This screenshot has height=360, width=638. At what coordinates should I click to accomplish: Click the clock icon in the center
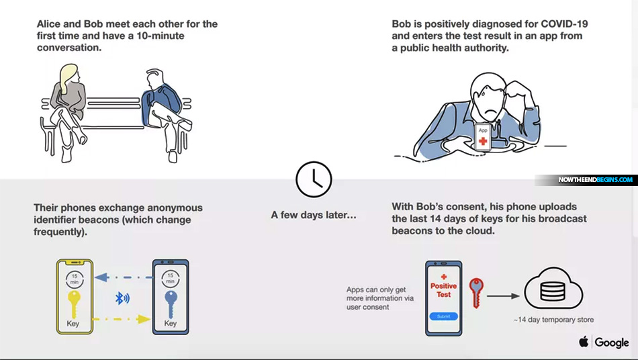[x=314, y=179]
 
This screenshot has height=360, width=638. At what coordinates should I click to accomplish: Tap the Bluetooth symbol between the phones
[x=122, y=298]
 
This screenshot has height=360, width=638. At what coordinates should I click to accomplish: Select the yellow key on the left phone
[x=74, y=304]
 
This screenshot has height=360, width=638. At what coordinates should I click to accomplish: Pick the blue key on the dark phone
[x=171, y=304]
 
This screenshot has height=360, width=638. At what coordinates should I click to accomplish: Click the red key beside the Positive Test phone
[x=476, y=292]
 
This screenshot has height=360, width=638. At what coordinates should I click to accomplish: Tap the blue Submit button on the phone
[x=443, y=316]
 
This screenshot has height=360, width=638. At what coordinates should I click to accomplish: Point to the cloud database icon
[x=553, y=289]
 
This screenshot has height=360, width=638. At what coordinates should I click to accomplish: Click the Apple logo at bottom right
[x=584, y=341]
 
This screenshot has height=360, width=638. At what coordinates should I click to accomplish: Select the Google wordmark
[x=612, y=343]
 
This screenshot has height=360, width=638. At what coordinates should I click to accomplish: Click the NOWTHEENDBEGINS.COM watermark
[x=595, y=180]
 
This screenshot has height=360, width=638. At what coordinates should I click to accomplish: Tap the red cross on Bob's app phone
[x=483, y=141]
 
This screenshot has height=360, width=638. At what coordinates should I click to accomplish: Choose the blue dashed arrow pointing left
[x=124, y=277]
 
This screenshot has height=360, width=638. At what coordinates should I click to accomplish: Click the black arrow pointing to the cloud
[x=503, y=296]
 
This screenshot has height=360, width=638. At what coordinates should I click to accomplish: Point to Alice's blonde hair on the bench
[x=69, y=77]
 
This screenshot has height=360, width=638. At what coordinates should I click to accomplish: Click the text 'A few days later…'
[x=314, y=215]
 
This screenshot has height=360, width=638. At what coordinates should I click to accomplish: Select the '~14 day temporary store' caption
[x=553, y=320]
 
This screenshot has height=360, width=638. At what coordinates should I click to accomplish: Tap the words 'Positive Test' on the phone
[x=443, y=290]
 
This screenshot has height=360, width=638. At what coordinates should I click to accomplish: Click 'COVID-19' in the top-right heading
[x=564, y=24]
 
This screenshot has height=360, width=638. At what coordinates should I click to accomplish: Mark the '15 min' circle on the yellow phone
[x=75, y=279]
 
